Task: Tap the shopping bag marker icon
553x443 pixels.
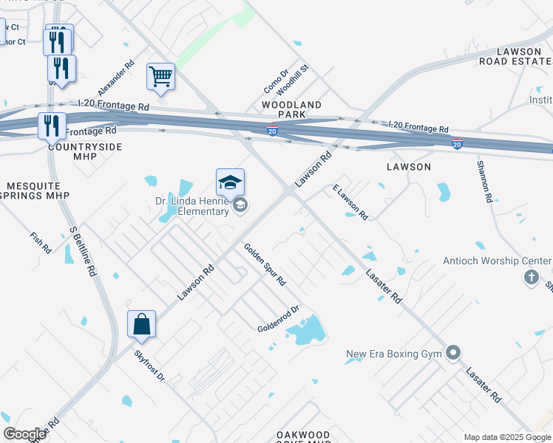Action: [x=141, y=324]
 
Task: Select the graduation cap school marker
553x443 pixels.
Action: [x=230, y=182]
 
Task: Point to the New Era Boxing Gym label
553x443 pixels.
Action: [x=394, y=354]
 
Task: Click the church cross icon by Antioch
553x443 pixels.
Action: [x=530, y=278]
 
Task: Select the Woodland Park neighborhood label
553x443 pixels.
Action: [x=291, y=110]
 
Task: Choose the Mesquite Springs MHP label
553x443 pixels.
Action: [x=35, y=190]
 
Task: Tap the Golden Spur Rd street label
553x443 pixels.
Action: [x=265, y=265]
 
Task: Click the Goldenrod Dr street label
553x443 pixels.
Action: [x=277, y=319]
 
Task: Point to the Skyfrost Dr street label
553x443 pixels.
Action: [x=149, y=365]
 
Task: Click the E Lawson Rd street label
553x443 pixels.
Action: [x=350, y=202]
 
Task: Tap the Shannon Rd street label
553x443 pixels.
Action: [x=484, y=181]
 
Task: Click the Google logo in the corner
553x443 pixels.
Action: [x=24, y=434]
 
